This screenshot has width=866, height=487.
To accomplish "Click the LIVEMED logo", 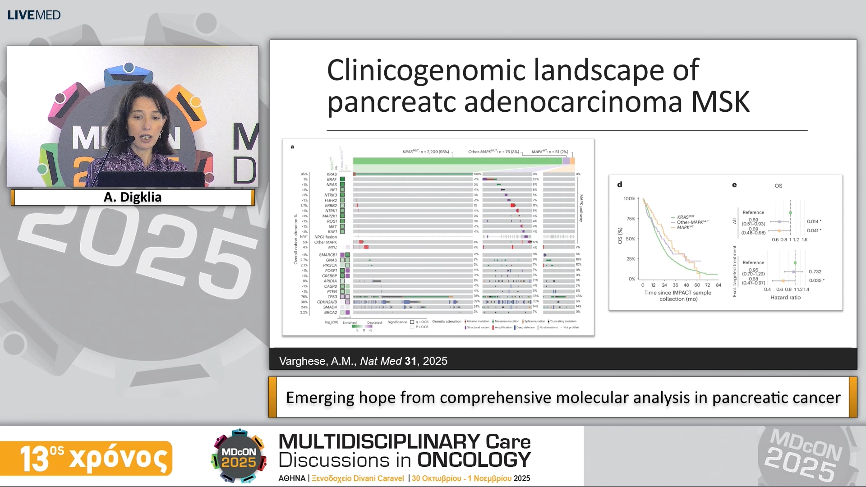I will pyautogui.click(x=34, y=15).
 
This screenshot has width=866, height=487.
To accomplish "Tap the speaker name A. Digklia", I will pyautogui.click(x=133, y=197).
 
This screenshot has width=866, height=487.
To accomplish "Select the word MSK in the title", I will pyautogui.click(x=720, y=102).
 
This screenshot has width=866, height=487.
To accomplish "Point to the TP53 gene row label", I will pyautogui.click(x=332, y=297).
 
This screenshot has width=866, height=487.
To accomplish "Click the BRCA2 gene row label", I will pyautogui.click(x=330, y=312).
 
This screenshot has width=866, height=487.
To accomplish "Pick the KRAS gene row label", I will pyautogui.click(x=332, y=174).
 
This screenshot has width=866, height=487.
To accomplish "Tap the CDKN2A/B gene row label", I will pyautogui.click(x=327, y=302).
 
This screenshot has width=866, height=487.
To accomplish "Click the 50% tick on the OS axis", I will pyautogui.click(x=630, y=239).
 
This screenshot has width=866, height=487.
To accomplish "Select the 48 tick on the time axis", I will pyautogui.click(x=686, y=285).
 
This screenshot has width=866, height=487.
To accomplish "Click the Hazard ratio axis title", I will pyautogui.click(x=785, y=298).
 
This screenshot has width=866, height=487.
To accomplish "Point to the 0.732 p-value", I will pyautogui.click(x=815, y=271).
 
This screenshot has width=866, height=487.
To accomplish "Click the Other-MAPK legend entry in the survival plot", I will pyautogui.click(x=692, y=222).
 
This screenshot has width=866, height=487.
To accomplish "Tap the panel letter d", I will pyautogui.click(x=620, y=184).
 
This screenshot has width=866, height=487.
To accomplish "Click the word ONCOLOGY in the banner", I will pyautogui.click(x=474, y=460).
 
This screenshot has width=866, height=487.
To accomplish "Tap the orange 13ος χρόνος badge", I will pyautogui.click(x=86, y=458).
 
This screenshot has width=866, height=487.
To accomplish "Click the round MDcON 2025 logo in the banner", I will pyautogui.click(x=239, y=456).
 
